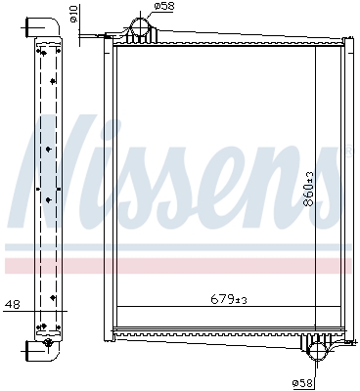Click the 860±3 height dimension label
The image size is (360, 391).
[308, 187]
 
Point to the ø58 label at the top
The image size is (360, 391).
[165, 7]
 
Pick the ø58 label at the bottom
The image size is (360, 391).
[304, 382]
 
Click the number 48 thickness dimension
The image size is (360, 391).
[11, 304]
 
